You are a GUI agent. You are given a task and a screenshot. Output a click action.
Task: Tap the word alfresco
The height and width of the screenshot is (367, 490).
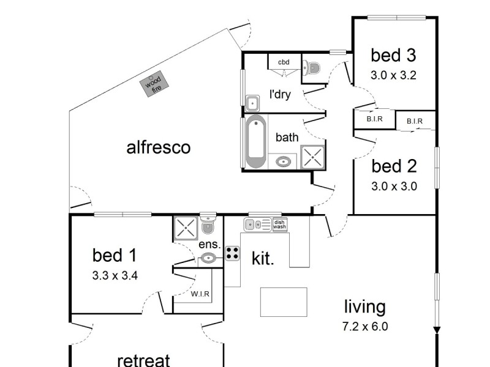tap(158, 147)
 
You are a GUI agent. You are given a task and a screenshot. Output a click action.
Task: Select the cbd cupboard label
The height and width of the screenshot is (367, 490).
tap(284, 62)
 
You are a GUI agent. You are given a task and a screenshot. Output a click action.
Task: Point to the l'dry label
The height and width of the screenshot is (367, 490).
tap(280, 95)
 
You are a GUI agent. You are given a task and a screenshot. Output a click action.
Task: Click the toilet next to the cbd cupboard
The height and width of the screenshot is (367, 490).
tap(312, 69)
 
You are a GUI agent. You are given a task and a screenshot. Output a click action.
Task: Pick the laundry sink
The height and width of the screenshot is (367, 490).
tap(252, 102)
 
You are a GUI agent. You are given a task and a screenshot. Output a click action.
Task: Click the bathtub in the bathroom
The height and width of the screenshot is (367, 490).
tap(256, 142)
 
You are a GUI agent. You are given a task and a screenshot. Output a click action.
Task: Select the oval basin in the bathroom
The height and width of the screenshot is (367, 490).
tap(283, 162)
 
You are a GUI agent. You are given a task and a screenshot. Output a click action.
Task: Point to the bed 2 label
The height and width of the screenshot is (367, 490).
tap(394, 166)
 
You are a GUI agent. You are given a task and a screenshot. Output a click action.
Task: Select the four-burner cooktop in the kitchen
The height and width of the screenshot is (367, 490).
tap(232, 253)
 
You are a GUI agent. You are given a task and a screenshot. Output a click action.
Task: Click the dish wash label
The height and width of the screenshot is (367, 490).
tap(279, 224)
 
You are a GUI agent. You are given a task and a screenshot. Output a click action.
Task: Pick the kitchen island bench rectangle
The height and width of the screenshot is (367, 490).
tap(283, 302)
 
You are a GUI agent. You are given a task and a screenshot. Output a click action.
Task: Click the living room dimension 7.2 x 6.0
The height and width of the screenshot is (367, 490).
tap(365, 326)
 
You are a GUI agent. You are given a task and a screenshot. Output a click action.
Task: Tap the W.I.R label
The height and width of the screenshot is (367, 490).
tap(200, 294)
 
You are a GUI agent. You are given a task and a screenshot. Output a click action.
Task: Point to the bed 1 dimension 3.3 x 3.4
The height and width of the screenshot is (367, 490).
tap(115, 275)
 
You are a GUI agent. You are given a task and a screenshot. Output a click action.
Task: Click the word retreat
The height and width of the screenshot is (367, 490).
tap(143, 360)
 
